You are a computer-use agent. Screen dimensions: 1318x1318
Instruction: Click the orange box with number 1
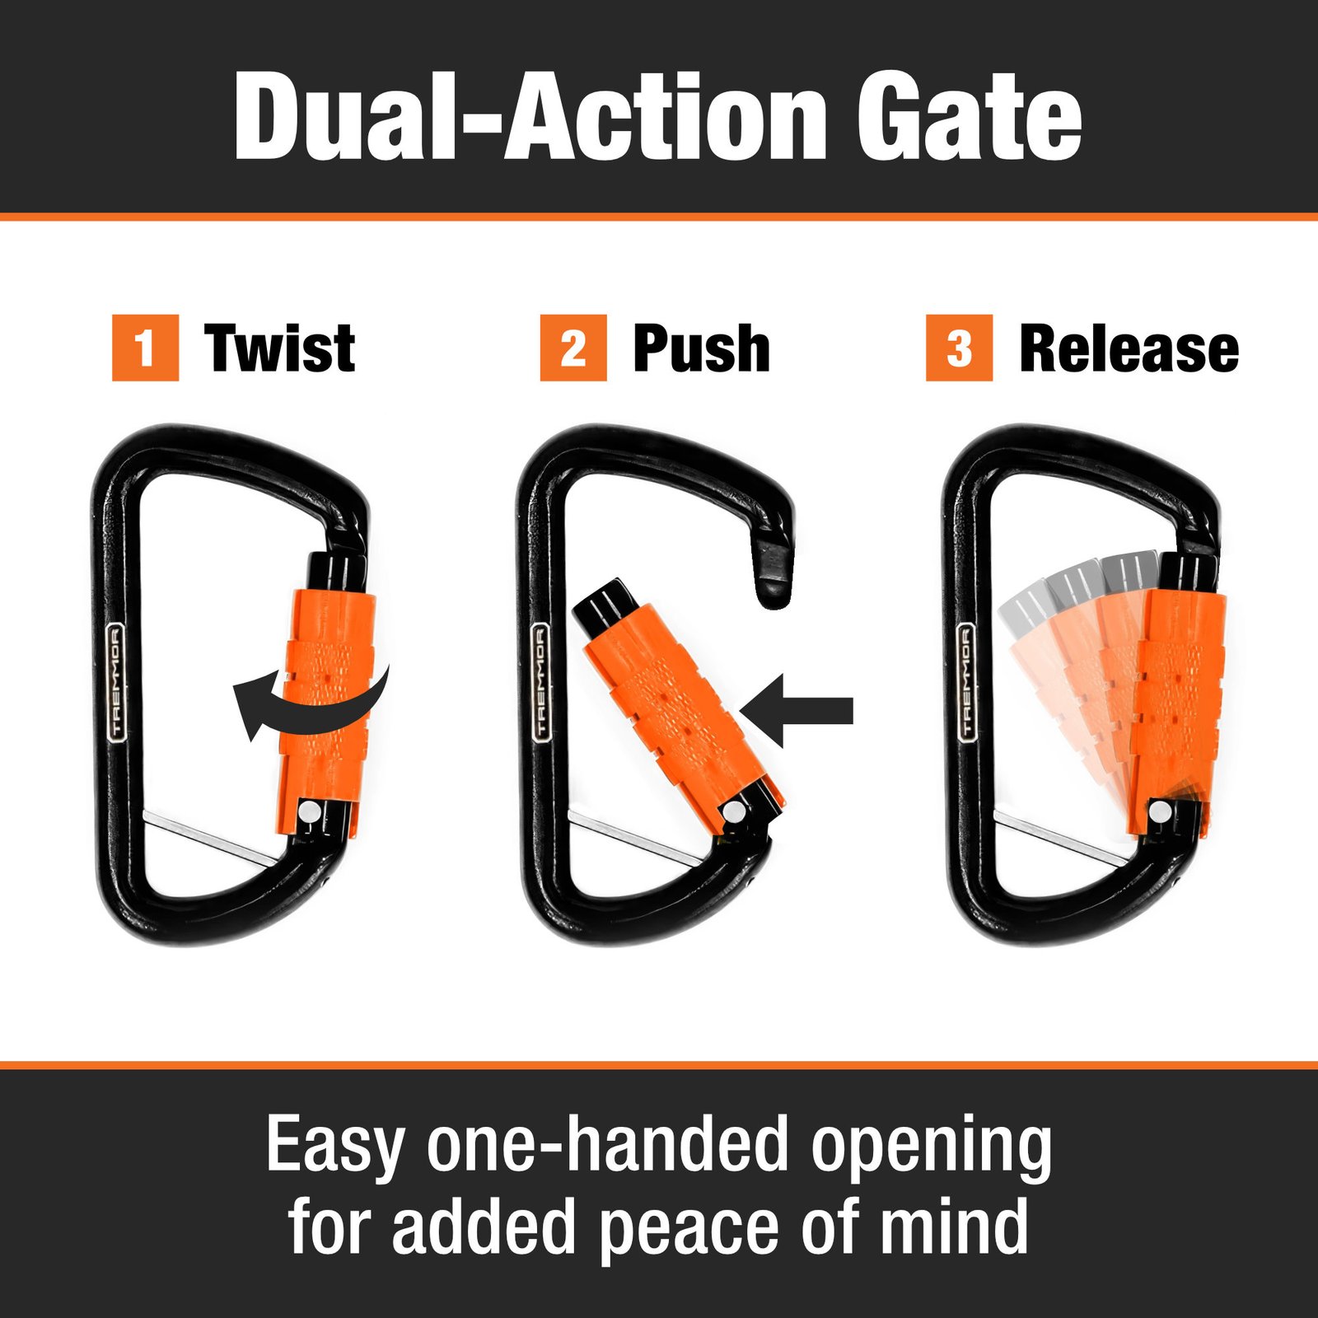[145, 348]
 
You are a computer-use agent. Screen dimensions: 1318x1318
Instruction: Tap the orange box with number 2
[573, 348]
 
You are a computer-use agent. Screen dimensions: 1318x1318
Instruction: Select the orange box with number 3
[959, 348]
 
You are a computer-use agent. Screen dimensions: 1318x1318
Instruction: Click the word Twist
[280, 348]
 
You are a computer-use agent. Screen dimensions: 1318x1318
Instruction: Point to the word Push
[701, 348]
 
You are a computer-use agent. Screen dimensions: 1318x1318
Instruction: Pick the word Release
[1129, 348]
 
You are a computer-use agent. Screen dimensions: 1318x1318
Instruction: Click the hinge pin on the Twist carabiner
[310, 812]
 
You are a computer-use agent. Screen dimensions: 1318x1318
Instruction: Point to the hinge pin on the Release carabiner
[1160, 811]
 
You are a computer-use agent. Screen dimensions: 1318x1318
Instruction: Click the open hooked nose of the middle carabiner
[775, 568]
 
